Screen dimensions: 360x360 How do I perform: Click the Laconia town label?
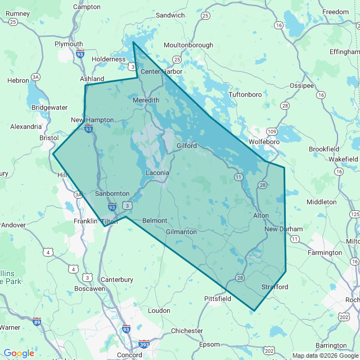(157, 173)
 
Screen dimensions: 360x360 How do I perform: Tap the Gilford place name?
(187, 146)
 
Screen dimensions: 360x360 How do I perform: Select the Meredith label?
(146, 100)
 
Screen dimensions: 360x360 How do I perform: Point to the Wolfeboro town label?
(264, 142)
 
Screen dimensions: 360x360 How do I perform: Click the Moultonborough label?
(188, 45)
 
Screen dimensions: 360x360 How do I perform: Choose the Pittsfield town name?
(218, 299)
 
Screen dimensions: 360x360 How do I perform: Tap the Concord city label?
(129, 355)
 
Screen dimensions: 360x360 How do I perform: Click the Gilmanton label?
(182, 232)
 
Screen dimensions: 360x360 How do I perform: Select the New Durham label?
(283, 229)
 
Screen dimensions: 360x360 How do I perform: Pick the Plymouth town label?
(69, 44)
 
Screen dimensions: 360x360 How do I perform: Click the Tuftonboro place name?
(245, 94)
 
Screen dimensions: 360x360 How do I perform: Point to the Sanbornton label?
(112, 193)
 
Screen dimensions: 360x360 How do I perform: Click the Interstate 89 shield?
(37, 322)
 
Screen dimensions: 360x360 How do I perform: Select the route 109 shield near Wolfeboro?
(272, 132)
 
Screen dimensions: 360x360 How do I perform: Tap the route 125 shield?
(354, 214)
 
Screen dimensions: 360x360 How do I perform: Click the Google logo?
(19, 353)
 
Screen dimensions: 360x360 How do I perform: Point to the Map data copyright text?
(325, 355)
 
